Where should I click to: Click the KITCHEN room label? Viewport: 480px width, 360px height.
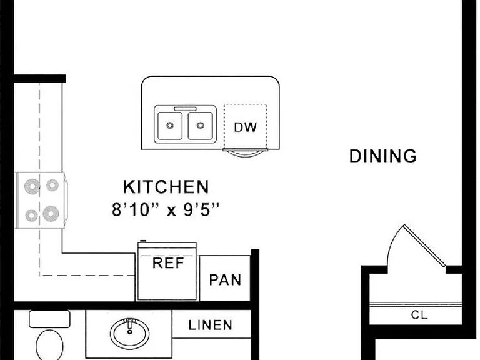pyautogui.click(x=166, y=187)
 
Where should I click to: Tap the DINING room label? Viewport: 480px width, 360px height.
pyautogui.click(x=383, y=156)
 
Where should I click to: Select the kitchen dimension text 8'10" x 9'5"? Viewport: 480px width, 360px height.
pyautogui.click(x=166, y=210)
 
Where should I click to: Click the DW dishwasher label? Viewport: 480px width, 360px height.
pyautogui.click(x=245, y=127)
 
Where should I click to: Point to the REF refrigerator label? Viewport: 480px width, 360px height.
pyautogui.click(x=168, y=263)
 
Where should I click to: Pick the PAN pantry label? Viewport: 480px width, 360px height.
pyautogui.click(x=225, y=280)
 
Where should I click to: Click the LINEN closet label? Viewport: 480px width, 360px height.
pyautogui.click(x=210, y=325)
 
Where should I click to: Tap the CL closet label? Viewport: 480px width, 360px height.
pyautogui.click(x=419, y=315)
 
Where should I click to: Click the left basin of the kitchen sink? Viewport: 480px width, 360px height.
pyautogui.click(x=170, y=126)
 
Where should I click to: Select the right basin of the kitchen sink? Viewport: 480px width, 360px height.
pyautogui.click(x=200, y=126)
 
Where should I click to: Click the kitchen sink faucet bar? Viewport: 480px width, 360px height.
pyautogui.click(x=185, y=109)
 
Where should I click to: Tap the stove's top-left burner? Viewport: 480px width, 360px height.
pyautogui.click(x=32, y=186)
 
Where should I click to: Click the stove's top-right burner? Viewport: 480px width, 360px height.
pyautogui.click(x=52, y=185)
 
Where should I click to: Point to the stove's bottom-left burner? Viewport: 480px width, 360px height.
pyautogui.click(x=31, y=216)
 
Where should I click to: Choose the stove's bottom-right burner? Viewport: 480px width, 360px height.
pyautogui.click(x=51, y=213)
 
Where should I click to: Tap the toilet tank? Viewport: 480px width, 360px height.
pyautogui.click(x=49, y=319)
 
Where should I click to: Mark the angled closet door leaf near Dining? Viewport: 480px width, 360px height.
pyautogui.click(x=424, y=246)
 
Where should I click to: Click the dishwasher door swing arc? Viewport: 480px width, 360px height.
pyautogui.click(x=246, y=154)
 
